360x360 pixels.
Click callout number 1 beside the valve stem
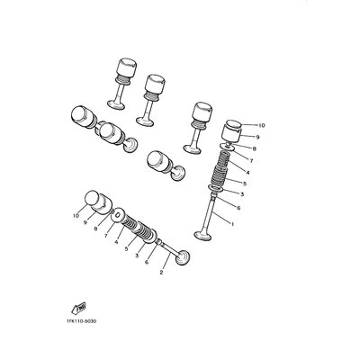(232, 223)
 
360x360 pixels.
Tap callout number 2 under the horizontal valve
(161, 273)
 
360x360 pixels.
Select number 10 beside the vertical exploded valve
(262, 125)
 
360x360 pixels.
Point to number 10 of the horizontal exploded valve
(76, 215)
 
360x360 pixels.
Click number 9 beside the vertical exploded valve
(257, 137)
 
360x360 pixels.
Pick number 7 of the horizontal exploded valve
(106, 236)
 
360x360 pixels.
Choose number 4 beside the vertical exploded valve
(247, 173)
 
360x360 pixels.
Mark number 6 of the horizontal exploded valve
(147, 262)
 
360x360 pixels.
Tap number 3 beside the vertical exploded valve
(242, 194)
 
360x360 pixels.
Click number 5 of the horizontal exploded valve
(127, 248)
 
